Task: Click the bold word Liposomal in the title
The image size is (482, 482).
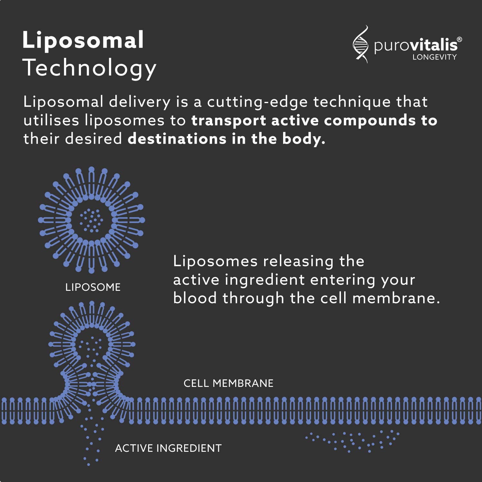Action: (83, 40)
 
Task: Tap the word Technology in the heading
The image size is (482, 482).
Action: (89, 68)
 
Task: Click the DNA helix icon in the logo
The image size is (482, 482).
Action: (361, 44)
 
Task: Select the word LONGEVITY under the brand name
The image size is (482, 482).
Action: (434, 57)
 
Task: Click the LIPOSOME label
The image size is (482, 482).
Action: (93, 287)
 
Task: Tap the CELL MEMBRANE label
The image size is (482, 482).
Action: (228, 383)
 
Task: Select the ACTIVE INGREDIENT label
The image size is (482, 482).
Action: (168, 448)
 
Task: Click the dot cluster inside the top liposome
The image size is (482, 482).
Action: (91, 220)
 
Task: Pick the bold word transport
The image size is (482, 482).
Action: (228, 121)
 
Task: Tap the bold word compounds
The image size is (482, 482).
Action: (370, 121)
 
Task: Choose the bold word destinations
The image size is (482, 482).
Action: (177, 139)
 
